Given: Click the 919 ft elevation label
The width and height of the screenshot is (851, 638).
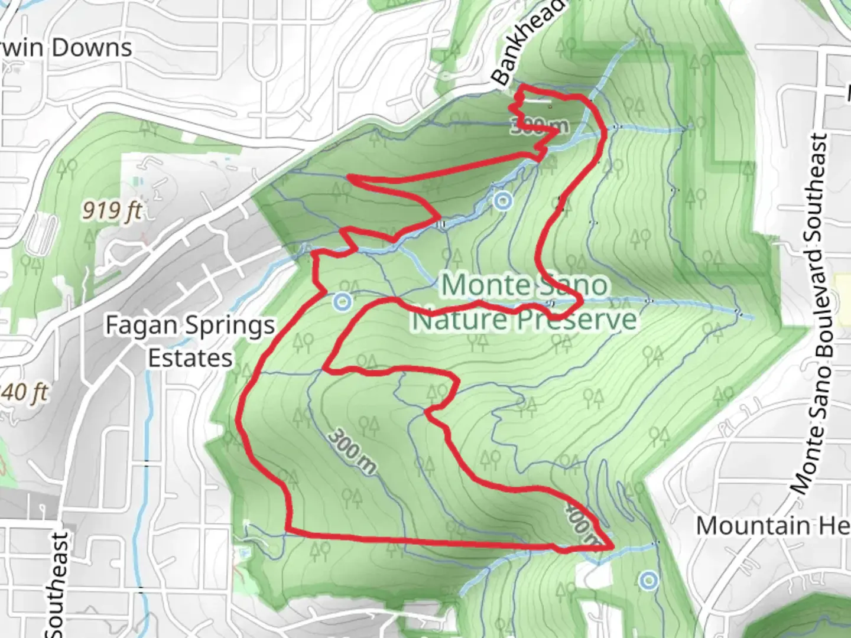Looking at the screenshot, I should pos(111,210).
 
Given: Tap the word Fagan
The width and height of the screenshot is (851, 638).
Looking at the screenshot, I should pos(133,325).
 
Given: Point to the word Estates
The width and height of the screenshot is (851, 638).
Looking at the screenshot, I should pos(190,359).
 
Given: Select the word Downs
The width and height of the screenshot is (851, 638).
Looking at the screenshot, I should pos(92,48).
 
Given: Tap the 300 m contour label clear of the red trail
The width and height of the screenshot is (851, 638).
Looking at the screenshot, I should pos(351,452).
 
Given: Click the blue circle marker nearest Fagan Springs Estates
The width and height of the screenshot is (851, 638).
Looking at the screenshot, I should pos(342,302).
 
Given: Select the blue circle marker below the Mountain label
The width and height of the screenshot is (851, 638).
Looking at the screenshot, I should pos(649,581).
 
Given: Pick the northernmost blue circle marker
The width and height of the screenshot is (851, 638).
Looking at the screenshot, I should pos(502,202).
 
